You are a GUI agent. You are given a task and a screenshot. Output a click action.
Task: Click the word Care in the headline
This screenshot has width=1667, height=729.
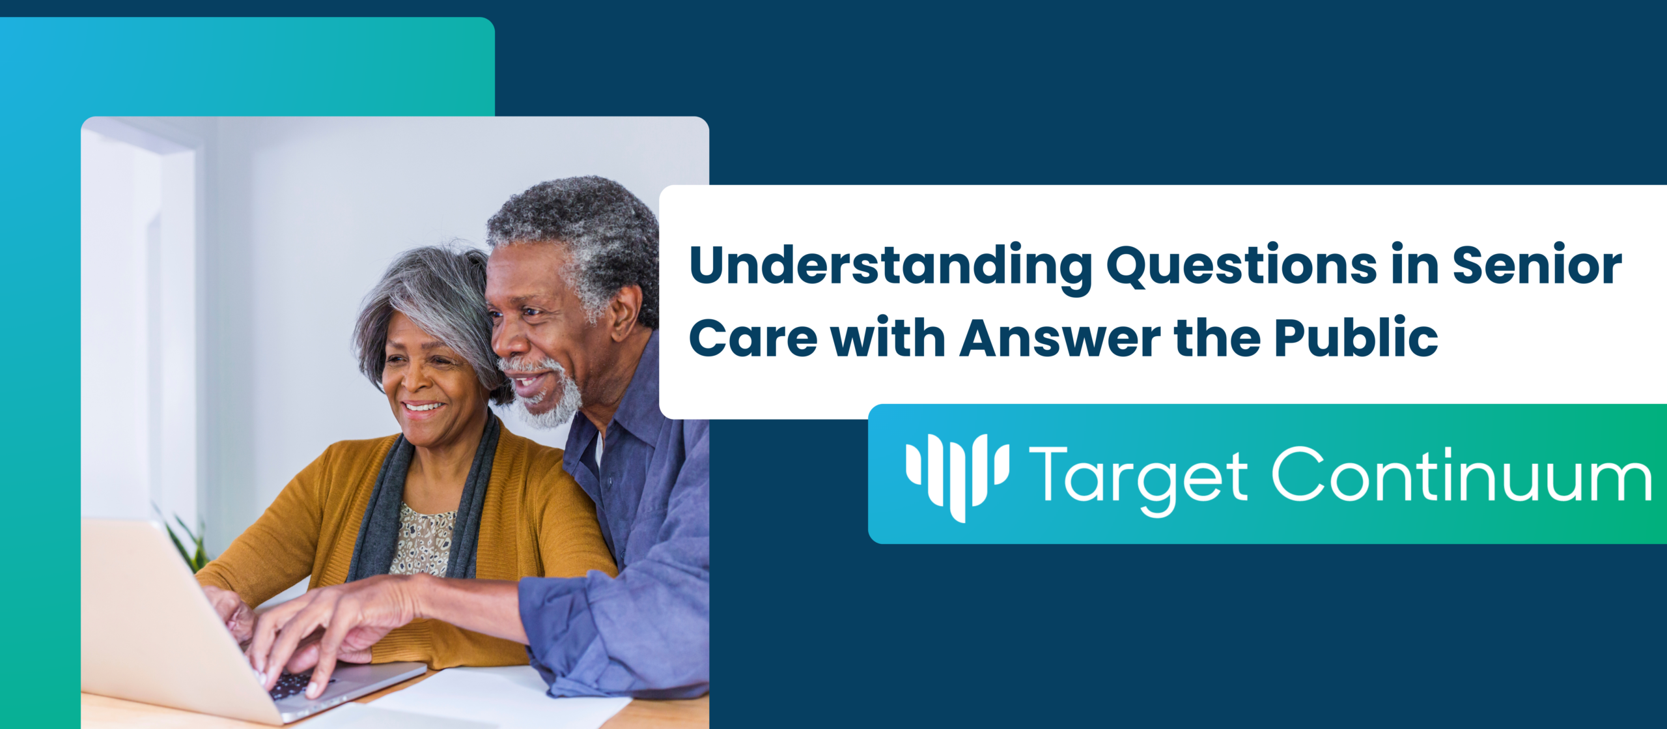(x=753, y=339)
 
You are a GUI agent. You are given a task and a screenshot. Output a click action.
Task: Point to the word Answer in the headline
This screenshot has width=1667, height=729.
(x=1060, y=339)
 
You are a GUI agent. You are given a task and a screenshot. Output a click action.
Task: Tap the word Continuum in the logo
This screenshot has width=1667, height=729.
(x=1461, y=474)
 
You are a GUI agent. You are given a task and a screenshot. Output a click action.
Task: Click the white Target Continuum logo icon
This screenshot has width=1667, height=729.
(x=957, y=478)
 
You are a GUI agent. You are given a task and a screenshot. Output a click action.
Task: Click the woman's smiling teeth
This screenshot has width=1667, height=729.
(x=423, y=407)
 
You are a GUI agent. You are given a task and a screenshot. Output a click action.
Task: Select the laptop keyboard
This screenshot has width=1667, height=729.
(x=296, y=685)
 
